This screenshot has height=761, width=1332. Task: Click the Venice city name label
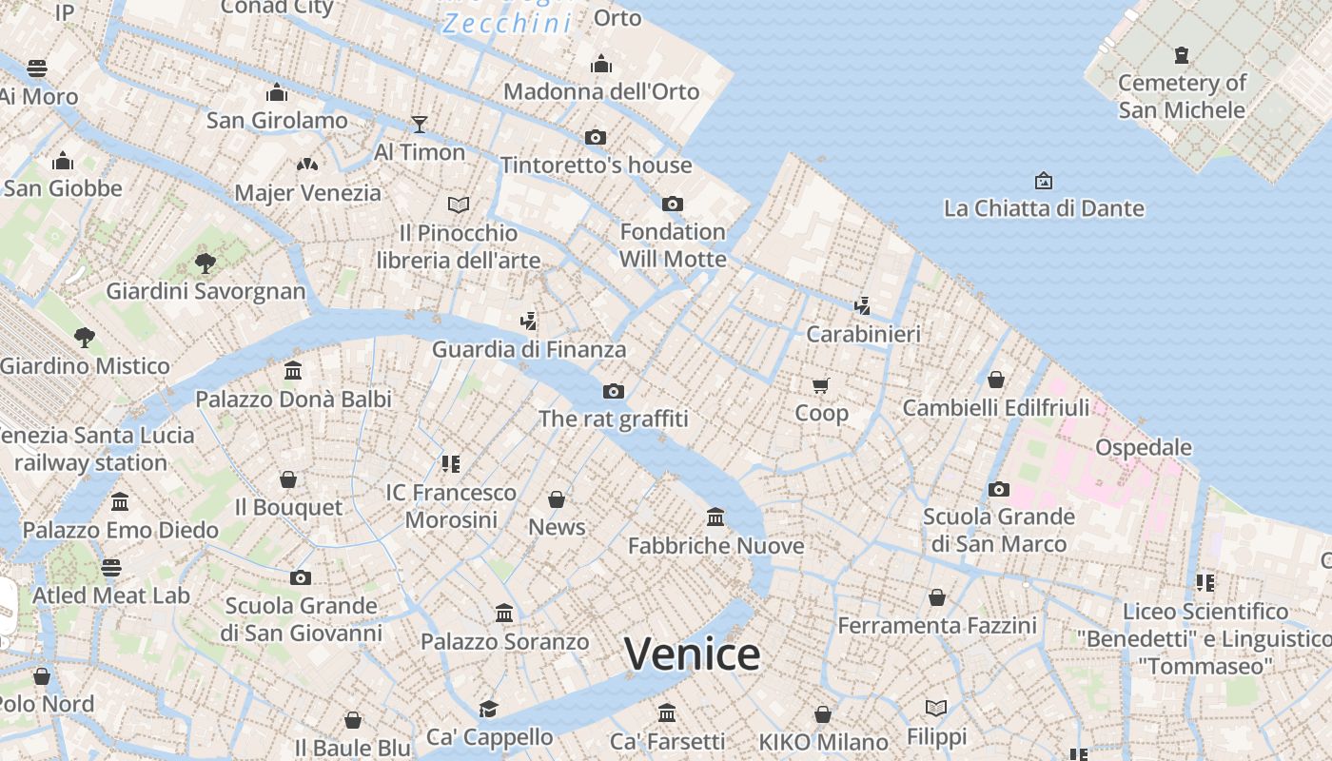coord(692,654)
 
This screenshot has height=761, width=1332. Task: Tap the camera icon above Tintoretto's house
coord(596,137)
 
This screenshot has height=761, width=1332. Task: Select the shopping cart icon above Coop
coord(821,385)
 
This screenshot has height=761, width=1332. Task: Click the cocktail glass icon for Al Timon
coord(419,124)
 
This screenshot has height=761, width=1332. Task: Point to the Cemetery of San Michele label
coord(1182,96)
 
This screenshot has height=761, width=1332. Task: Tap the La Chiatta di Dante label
coord(1044,208)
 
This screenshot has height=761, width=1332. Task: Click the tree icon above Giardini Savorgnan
coord(205,263)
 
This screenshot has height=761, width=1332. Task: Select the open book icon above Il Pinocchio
coord(459,205)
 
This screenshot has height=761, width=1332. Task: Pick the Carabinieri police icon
coord(863,305)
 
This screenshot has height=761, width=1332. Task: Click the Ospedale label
coord(1144,447)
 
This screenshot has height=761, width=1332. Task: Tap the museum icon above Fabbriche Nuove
coord(715,517)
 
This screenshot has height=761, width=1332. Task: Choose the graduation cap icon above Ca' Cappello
coord(489,709)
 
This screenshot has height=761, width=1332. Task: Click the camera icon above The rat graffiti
coord(614,391)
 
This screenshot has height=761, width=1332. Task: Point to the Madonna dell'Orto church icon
coord(601,64)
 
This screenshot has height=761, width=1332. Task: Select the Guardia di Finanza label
coord(529,349)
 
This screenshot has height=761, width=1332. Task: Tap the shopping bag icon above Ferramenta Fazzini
coord(937,597)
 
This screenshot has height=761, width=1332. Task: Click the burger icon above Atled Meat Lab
coord(111,568)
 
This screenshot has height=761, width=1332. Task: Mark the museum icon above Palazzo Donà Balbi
coord(293,370)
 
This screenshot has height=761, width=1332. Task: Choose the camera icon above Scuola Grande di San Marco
coord(999,489)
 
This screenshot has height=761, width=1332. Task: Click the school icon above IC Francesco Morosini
coord(451,464)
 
